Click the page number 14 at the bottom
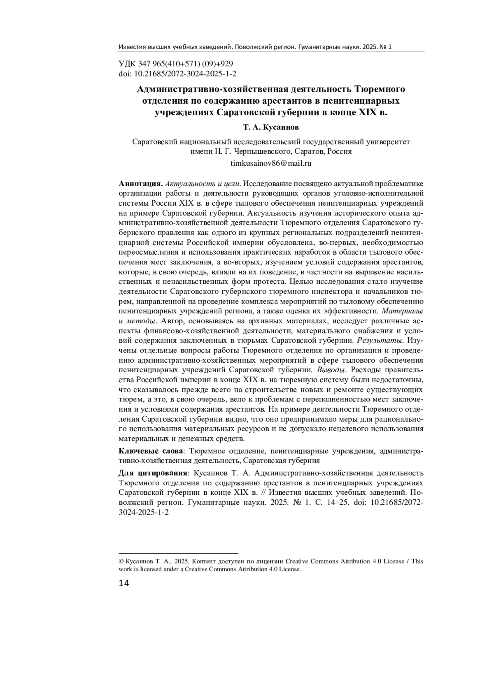point(124,583)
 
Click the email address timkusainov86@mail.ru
point(271,163)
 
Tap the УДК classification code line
point(176,64)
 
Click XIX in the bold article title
point(365,112)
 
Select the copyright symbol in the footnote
point(121,561)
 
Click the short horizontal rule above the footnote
point(178,554)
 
